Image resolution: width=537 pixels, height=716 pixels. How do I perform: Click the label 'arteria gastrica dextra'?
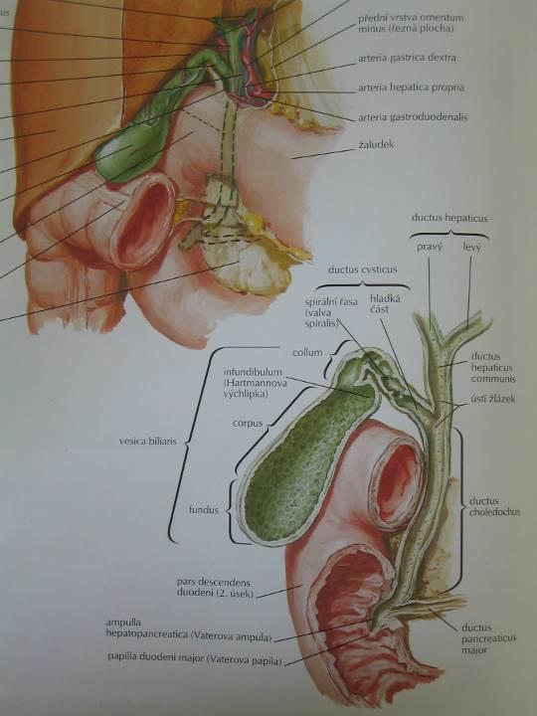407,58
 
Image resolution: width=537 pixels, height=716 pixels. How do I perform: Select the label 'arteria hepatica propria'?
411,88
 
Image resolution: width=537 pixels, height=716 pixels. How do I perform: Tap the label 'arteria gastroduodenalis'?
413,117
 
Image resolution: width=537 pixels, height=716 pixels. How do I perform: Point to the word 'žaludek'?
375,145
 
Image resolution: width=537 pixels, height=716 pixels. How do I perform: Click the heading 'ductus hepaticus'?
449,218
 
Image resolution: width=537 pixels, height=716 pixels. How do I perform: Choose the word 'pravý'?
429,247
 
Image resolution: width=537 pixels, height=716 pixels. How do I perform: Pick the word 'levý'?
471,247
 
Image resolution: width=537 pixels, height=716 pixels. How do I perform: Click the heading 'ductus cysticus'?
363,269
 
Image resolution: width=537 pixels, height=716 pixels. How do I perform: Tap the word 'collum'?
307,352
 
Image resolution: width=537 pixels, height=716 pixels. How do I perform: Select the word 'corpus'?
248,424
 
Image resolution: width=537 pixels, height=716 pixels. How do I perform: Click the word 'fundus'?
204,510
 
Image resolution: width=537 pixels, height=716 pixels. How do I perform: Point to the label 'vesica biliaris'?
147,442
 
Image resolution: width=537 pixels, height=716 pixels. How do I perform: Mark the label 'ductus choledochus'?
494,506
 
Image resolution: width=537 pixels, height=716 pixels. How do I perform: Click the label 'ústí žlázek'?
492,399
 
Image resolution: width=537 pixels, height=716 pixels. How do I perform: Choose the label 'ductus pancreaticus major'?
488,638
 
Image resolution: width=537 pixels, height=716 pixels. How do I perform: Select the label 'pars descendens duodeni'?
215,588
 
